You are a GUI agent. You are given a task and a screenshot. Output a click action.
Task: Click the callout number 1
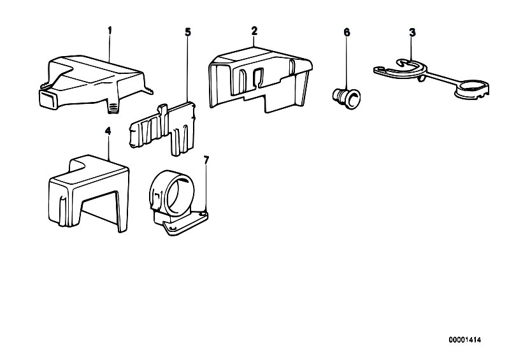(110, 30)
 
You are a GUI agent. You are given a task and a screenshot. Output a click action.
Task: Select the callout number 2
(254, 31)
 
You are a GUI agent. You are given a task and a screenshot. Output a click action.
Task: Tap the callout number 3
(412, 31)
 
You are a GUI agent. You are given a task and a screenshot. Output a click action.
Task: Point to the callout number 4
(108, 131)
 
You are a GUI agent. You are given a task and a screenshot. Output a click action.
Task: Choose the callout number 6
(347, 31)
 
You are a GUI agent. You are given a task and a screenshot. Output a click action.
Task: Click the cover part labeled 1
(96, 80)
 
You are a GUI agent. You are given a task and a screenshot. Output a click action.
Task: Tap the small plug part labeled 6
(345, 96)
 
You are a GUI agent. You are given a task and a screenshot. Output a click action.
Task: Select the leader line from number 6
(347, 61)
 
